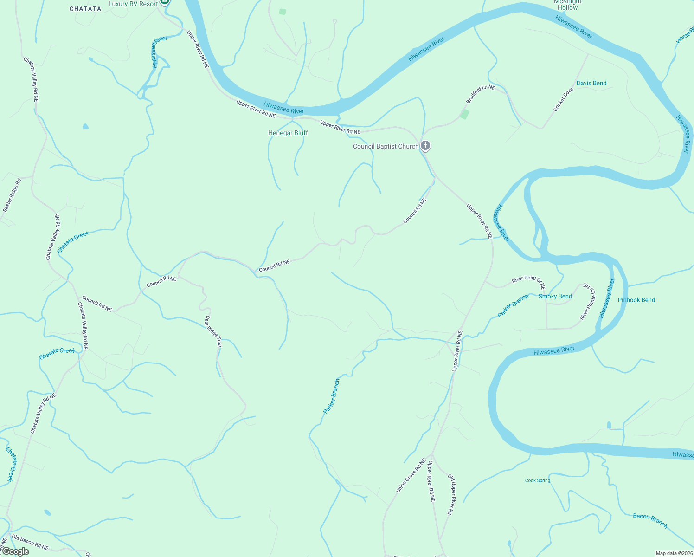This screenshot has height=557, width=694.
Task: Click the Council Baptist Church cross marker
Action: point(425,146)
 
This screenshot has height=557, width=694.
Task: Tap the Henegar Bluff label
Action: point(288,133)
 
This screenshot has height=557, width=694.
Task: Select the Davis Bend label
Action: point(591,83)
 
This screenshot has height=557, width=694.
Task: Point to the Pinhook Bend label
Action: point(636,300)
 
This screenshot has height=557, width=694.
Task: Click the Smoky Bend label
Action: point(555,296)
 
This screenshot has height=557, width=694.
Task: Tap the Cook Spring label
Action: point(537,480)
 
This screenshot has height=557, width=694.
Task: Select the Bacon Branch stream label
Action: point(650,521)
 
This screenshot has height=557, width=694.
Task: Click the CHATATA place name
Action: point(85,9)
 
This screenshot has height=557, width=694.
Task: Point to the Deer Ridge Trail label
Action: point(213,331)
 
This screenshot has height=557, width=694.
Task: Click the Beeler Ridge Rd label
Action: point(12,195)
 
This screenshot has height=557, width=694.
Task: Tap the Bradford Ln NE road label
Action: point(480,94)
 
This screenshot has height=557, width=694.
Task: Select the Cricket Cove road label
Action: point(563,99)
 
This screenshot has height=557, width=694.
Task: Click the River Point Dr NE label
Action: point(528,281)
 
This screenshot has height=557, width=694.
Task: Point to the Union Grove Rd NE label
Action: point(411,476)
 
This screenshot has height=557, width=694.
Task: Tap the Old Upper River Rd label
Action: point(450,494)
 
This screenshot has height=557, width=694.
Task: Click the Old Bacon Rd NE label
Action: point(30,542)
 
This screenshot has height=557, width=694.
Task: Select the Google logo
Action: point(15,551)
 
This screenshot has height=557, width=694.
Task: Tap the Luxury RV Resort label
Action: point(133,4)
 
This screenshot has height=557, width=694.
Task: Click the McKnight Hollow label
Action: point(567,5)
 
